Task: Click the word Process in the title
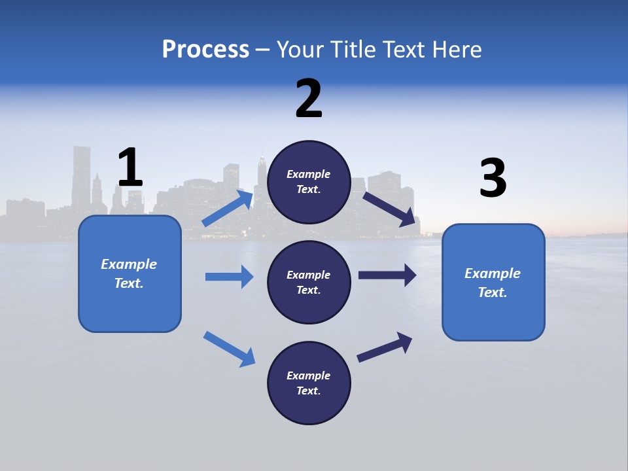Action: coord(205,49)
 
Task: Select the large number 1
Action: coord(130,168)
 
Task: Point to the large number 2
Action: coord(309,99)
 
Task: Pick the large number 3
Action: coord(493,178)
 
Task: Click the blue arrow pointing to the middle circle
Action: coord(229,277)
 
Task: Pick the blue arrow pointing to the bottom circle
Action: coord(230,349)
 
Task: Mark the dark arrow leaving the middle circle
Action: coord(387,275)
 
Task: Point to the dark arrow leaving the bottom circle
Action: coord(385,347)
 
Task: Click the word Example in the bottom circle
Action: coord(309,375)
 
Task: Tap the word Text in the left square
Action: coord(128,283)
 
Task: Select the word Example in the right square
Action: coord(493,273)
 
